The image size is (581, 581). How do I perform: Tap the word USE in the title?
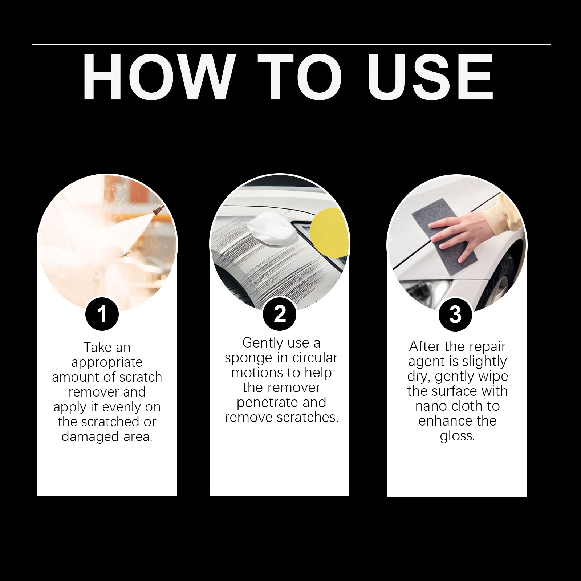tap(430, 77)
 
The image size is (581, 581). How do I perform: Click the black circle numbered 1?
tap(102, 314)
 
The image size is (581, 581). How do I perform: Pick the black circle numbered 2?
tap(280, 314)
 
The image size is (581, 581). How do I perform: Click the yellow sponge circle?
tap(329, 232)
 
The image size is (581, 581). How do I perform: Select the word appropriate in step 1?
tap(107, 362)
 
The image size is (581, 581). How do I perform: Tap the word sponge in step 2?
tap(249, 358)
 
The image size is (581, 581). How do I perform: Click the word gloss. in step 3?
tap(457, 436)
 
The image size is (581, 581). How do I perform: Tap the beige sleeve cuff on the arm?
tap(503, 214)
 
